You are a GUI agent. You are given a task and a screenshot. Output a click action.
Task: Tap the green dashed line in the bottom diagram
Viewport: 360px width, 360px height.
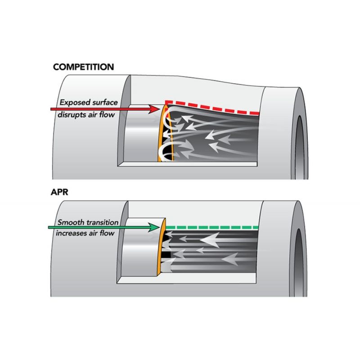[x=211, y=227]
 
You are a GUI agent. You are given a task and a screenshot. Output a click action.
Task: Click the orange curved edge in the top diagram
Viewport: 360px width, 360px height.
[x=160, y=135]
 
